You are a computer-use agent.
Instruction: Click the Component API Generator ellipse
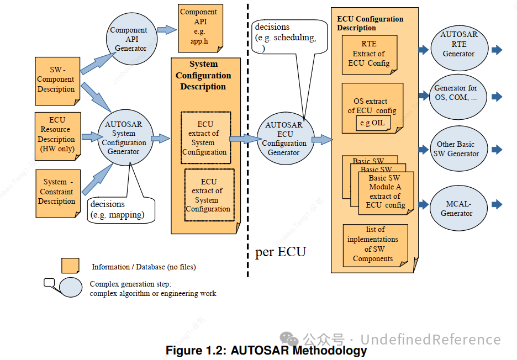coord(128,39)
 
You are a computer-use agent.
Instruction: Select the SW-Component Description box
coord(57,80)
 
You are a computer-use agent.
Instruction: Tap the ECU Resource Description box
coord(57,134)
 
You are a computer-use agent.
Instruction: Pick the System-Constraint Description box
coord(57,191)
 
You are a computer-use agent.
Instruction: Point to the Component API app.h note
coord(198,28)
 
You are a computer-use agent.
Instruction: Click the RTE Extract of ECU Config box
coord(369,54)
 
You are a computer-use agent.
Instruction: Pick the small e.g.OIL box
coord(373,123)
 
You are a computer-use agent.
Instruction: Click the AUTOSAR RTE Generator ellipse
coord(458,44)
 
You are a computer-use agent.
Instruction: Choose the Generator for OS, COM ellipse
coord(456,93)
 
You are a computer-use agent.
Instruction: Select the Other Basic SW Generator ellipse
coord(456,149)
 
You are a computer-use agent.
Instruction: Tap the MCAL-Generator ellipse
coord(456,208)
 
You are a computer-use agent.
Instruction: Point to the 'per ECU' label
coord(280,252)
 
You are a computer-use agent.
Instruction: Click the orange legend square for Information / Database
coord(70,266)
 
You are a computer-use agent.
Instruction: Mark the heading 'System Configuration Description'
coord(203,76)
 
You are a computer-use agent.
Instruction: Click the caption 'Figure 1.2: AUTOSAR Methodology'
coord(266,350)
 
